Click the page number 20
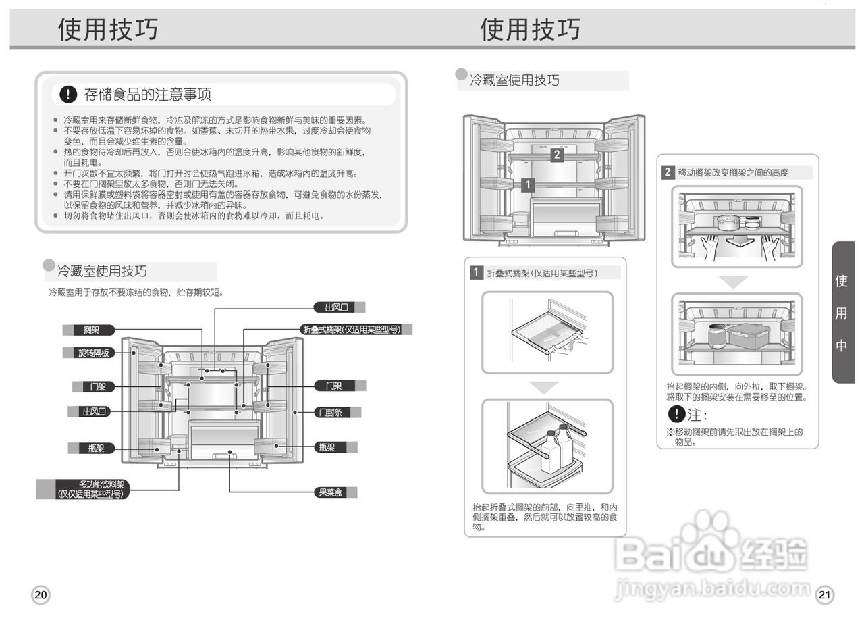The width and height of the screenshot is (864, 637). click(x=40, y=595)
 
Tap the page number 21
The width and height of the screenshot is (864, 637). click(x=824, y=595)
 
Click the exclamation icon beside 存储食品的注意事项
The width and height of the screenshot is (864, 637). click(x=68, y=95)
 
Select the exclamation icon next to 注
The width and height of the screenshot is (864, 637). click(x=676, y=414)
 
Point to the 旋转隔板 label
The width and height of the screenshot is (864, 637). click(x=94, y=353)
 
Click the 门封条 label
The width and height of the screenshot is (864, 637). click(x=331, y=412)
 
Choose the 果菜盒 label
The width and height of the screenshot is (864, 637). click(x=331, y=492)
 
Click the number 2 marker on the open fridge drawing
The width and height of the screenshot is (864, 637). click(x=556, y=155)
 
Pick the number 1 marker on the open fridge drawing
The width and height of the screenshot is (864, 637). click(x=528, y=184)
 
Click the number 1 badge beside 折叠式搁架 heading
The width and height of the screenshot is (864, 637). click(x=477, y=273)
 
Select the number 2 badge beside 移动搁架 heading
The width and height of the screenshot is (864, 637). click(x=668, y=172)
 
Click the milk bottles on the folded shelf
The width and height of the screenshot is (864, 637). click(x=557, y=449)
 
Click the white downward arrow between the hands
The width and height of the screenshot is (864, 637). click(x=735, y=240)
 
